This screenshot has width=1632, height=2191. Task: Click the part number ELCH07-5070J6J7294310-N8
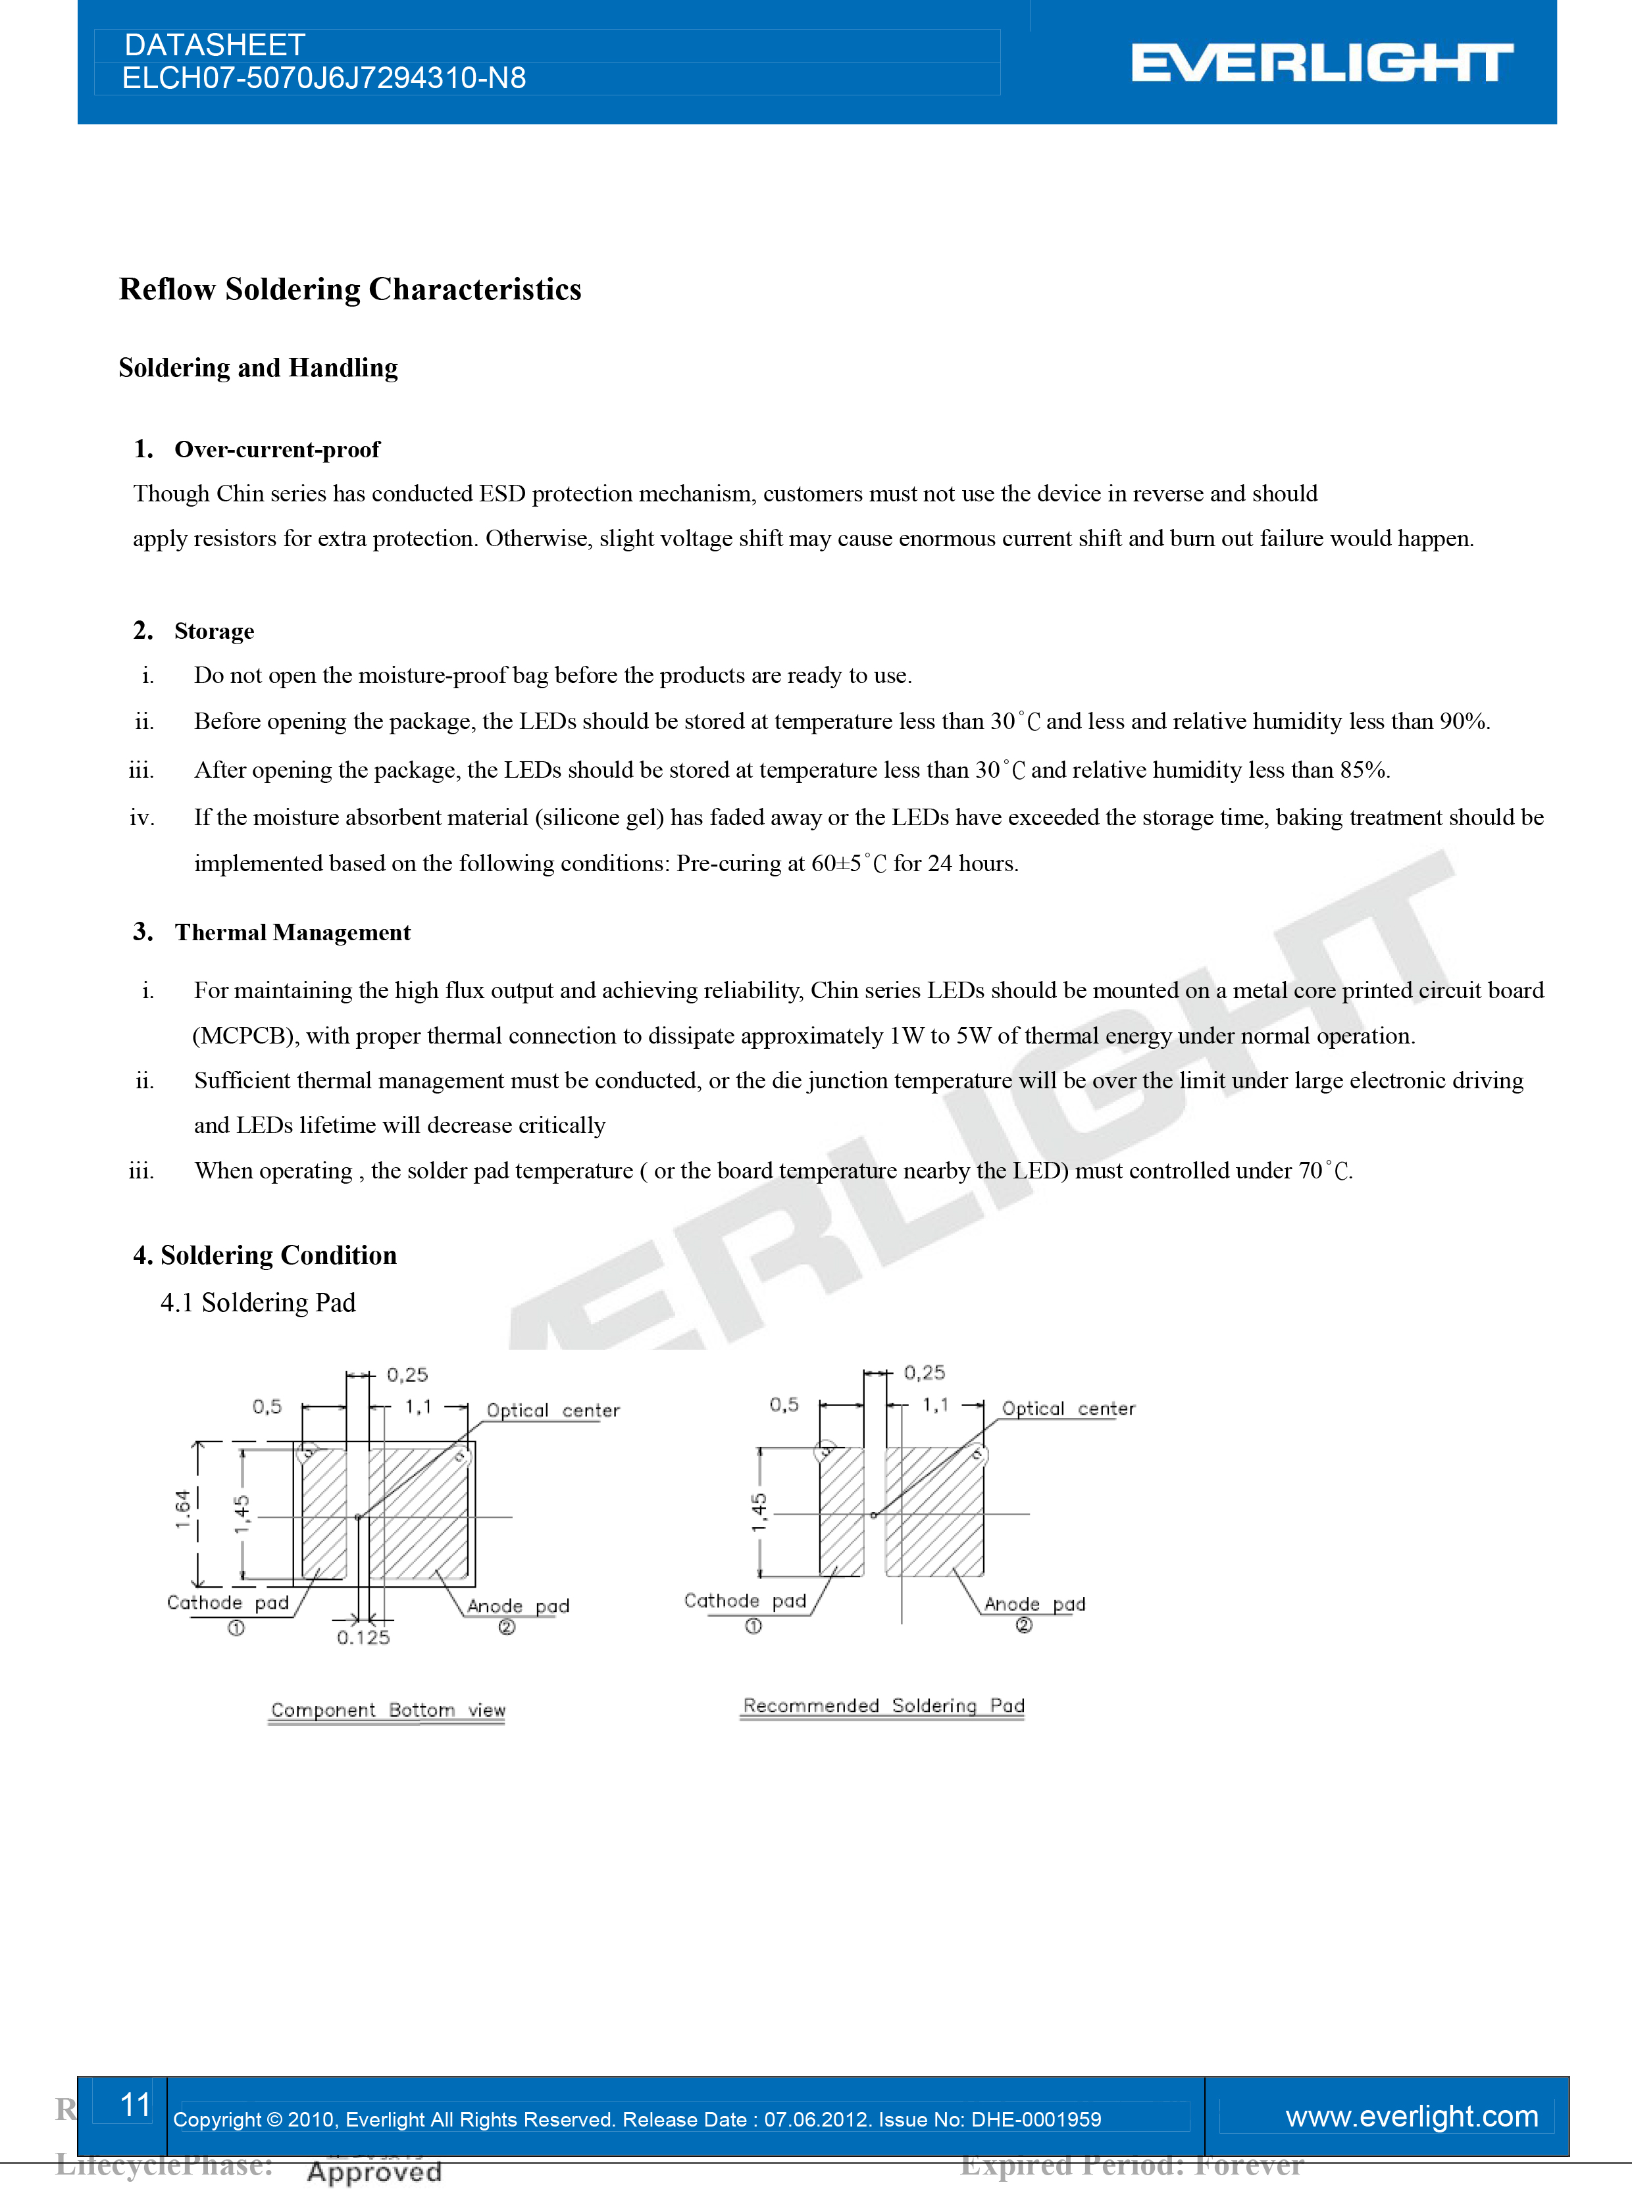pos(324,79)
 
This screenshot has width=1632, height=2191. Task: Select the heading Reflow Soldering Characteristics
pos(349,290)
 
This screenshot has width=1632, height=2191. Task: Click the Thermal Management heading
pos(292,932)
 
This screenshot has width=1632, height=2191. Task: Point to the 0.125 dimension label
pos(363,1638)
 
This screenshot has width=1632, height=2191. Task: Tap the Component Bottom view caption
pos(387,1710)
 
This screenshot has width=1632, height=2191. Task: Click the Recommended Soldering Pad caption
pos(883,1706)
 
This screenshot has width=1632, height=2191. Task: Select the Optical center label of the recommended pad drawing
pos(1068,1409)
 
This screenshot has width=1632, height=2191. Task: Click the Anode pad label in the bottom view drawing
pos(518,1606)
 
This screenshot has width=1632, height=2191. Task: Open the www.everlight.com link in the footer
pos(1411,2116)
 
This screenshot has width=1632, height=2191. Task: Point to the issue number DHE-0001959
pos(1036,2119)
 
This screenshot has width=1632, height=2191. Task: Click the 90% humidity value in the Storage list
pos(1462,722)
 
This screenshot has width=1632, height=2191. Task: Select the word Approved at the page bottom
pos(374,2171)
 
